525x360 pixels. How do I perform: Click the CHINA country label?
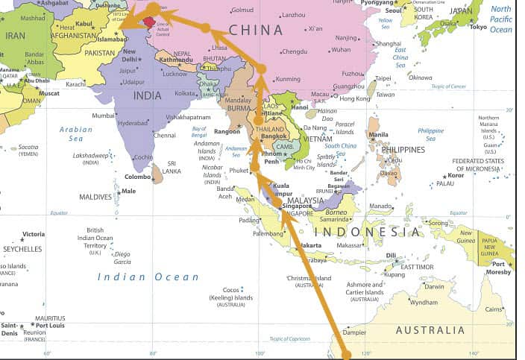point(256,30)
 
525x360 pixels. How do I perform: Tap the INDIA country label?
point(147,95)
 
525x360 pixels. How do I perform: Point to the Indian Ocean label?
point(148,277)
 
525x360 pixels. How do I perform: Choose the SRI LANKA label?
point(172,167)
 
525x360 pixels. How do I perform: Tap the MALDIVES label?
point(95,197)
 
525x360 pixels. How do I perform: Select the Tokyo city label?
point(478,27)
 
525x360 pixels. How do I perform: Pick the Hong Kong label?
point(354,98)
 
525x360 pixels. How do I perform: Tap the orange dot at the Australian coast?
point(346,354)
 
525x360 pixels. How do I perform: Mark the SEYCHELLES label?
point(22,249)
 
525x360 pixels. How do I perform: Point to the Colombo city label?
point(137,177)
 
